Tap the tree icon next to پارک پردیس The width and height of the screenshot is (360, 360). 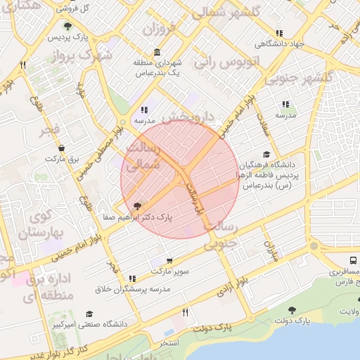click(x=67, y=26)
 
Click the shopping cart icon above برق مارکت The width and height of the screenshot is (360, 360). click(x=61, y=148)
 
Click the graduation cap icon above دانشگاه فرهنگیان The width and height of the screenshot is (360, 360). click(x=266, y=155)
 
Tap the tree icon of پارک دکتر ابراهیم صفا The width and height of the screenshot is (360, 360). click(x=136, y=206)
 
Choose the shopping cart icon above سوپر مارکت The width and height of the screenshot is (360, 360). click(x=169, y=261)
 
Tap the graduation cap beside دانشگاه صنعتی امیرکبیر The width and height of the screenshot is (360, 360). click(x=89, y=314)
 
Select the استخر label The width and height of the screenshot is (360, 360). click(x=169, y=342)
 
